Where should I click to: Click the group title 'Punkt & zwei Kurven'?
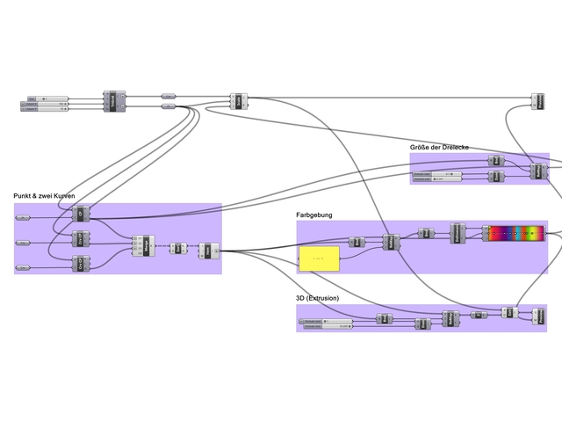click(x=49, y=195)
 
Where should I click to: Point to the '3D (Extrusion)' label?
click(x=318, y=298)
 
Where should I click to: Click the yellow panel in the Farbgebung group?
click(x=318, y=258)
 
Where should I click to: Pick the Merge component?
click(x=140, y=246)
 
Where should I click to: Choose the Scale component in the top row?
click(x=236, y=102)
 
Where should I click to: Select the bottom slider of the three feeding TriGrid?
click(x=44, y=110)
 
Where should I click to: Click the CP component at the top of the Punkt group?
click(x=80, y=214)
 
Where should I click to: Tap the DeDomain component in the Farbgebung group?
click(x=458, y=233)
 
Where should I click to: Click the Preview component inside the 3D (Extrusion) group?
click(x=538, y=316)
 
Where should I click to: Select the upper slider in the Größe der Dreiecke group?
click(x=436, y=173)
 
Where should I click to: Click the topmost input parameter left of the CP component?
click(x=23, y=215)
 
